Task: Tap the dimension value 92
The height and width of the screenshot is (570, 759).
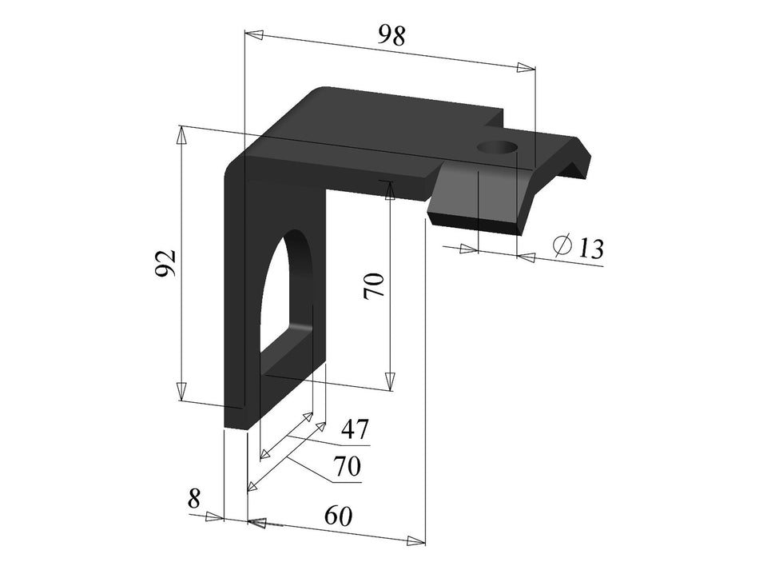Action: (x=165, y=264)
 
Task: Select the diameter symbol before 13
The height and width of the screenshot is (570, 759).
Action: (x=562, y=245)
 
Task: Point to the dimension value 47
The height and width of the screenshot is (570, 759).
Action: (x=355, y=431)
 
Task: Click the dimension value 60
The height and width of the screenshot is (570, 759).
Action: (x=338, y=516)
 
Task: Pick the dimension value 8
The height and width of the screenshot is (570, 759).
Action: (x=193, y=500)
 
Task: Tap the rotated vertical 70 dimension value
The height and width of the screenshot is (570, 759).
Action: (x=374, y=285)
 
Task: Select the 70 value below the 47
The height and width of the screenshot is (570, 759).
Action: (x=347, y=466)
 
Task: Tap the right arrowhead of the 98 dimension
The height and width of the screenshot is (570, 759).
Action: (x=525, y=68)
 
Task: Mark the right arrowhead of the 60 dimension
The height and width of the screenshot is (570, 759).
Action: (x=415, y=540)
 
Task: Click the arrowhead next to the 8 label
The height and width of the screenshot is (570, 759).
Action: (x=213, y=517)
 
